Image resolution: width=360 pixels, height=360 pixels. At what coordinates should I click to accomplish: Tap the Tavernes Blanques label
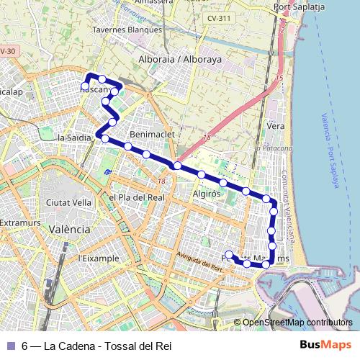click(127, 30)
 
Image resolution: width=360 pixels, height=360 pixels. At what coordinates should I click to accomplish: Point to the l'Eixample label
click(97, 258)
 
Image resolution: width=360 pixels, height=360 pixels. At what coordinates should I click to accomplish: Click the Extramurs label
click(17, 223)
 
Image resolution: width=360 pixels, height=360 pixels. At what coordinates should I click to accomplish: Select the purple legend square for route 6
click(9, 346)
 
